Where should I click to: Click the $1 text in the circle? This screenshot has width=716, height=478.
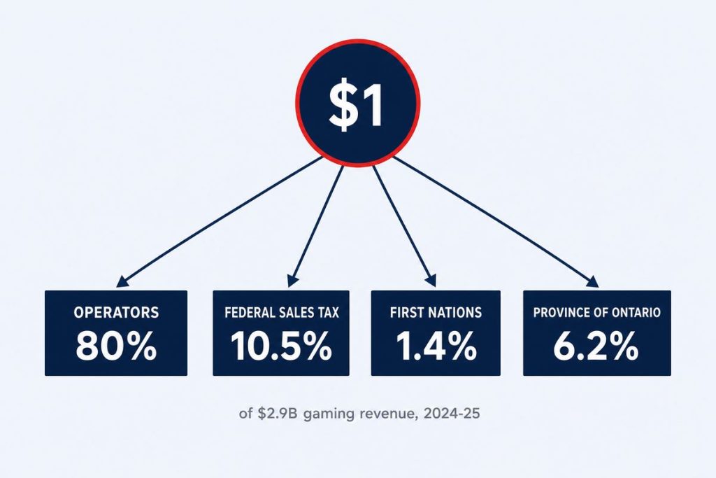(356, 107)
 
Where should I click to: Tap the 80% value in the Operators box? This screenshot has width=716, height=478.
(116, 346)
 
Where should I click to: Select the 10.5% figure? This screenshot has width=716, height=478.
(281, 346)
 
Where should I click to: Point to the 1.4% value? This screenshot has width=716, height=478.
(436, 346)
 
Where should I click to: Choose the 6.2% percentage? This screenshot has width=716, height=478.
(596, 346)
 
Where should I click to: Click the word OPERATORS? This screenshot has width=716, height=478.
(116, 313)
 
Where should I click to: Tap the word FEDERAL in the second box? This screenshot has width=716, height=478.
(250, 313)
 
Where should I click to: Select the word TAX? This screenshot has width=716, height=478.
(327, 313)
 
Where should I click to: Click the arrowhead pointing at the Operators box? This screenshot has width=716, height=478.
(122, 281)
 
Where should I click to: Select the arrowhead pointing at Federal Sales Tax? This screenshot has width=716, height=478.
(293, 281)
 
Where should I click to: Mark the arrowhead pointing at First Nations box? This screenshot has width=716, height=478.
(431, 281)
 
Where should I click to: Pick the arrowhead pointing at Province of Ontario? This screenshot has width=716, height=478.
(592, 281)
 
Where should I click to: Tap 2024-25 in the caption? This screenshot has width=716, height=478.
(452, 414)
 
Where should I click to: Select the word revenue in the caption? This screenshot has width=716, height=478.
(388, 414)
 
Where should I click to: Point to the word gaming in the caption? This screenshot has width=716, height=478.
(329, 415)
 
